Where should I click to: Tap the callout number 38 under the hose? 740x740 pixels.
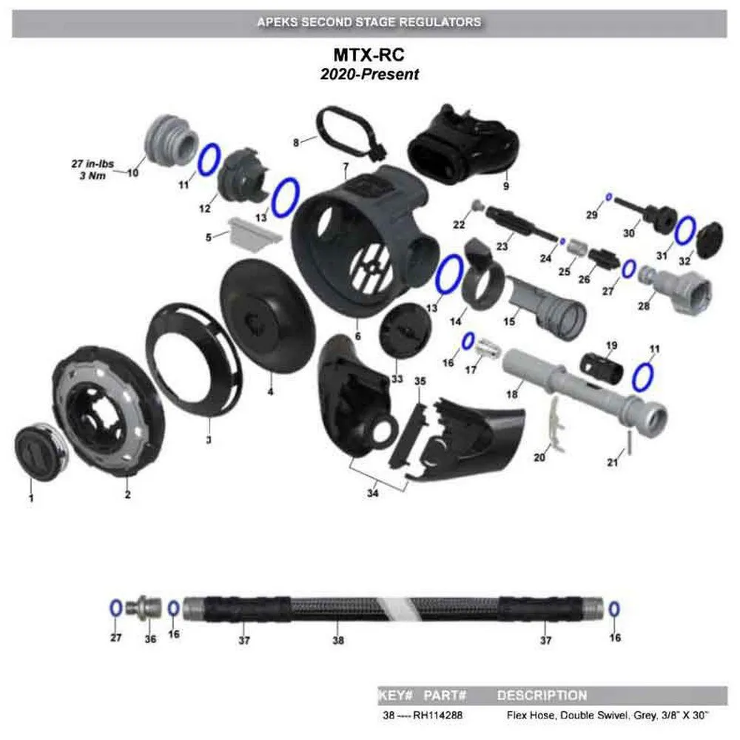click(338, 640)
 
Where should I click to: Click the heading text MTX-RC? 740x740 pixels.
click(369, 56)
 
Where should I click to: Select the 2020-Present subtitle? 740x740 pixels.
click(369, 74)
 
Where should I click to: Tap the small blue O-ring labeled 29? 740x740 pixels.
click(608, 196)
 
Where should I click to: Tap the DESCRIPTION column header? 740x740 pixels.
click(542, 696)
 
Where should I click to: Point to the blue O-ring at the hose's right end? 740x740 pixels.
click(613, 608)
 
